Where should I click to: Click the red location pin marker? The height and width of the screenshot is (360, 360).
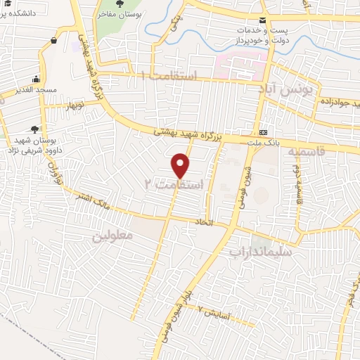click(x=181, y=165)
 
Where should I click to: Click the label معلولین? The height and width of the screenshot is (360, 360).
click(x=112, y=237)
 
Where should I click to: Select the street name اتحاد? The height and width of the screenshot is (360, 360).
click(x=220, y=223)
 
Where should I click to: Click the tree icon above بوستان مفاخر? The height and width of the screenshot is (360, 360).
click(x=120, y=5)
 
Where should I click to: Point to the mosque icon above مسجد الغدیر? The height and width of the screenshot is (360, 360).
click(x=35, y=79)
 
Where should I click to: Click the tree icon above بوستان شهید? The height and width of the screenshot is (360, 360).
click(x=33, y=129)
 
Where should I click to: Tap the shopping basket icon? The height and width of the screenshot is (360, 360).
click(x=53, y=41)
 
